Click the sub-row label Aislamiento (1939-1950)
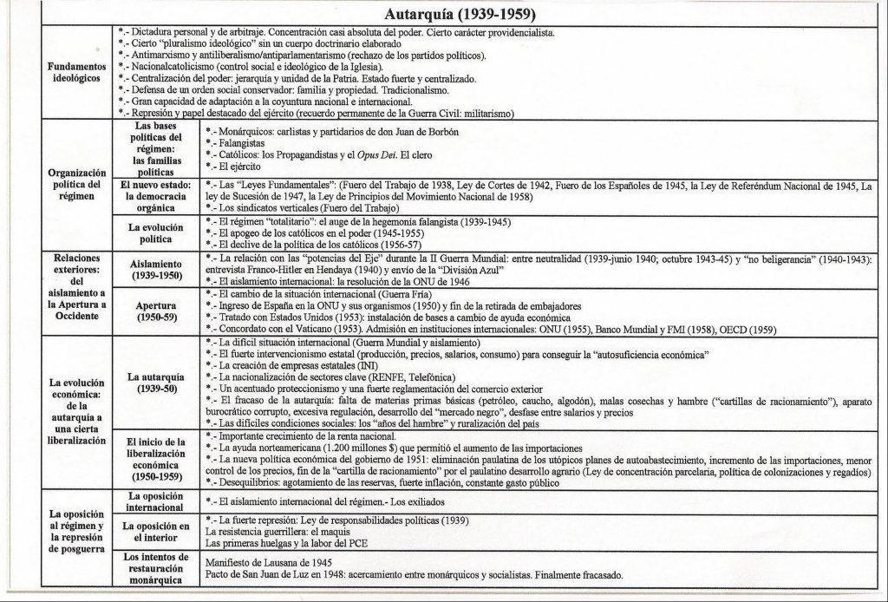click(157, 269)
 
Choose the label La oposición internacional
click(157, 501)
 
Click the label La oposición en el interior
click(157, 532)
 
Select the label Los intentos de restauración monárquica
click(157, 568)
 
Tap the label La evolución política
click(157, 232)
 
